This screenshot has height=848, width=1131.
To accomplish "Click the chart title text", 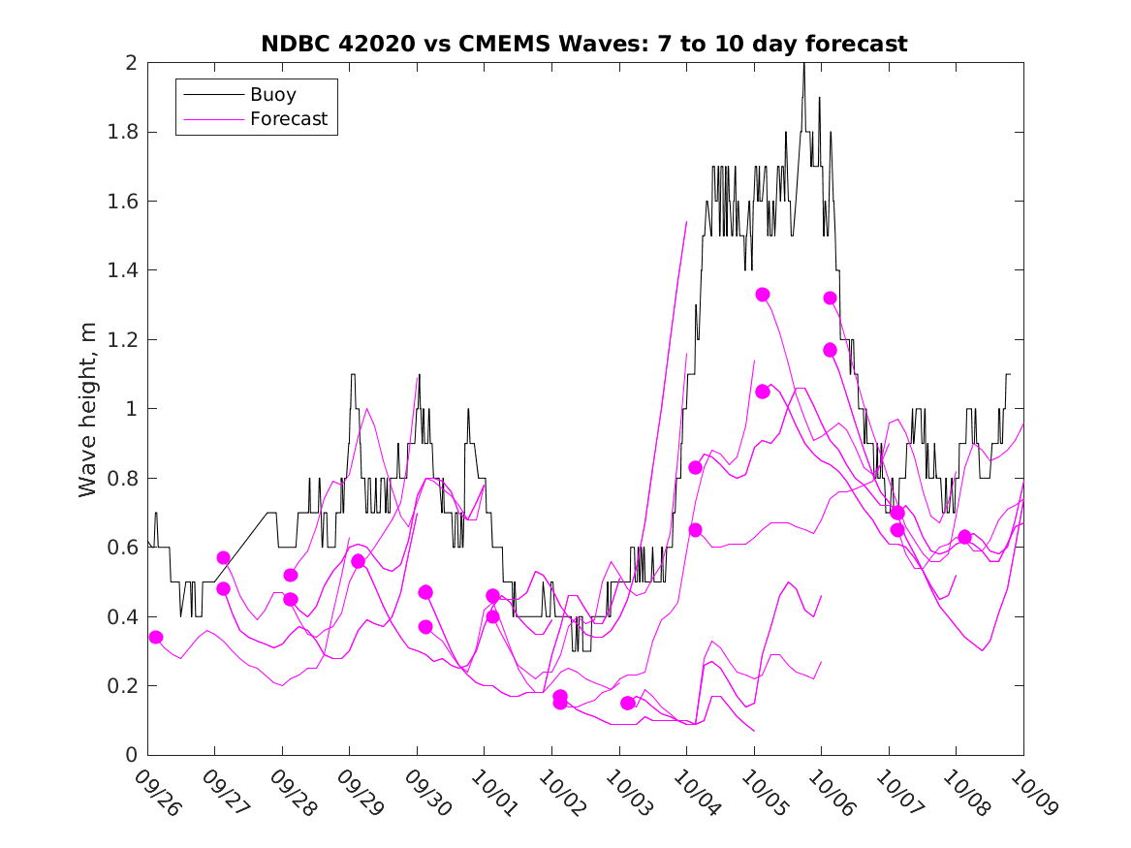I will (584, 44).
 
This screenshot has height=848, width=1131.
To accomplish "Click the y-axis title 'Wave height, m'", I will (88, 410).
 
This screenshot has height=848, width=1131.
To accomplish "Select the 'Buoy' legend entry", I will (273, 95).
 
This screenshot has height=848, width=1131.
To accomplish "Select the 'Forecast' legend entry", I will (289, 119).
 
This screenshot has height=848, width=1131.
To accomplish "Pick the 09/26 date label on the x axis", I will (156, 793).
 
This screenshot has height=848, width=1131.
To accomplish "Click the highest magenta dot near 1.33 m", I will (763, 295).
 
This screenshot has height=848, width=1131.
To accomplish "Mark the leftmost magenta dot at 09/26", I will (156, 637).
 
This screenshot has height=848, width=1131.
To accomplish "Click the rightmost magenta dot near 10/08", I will (964, 537).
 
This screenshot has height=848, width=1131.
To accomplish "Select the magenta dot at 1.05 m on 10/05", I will (763, 392).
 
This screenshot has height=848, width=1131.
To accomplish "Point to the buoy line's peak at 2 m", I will (803, 64).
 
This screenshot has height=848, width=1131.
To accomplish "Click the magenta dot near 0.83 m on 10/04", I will (695, 467).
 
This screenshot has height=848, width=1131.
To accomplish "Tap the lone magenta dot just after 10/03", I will (628, 703).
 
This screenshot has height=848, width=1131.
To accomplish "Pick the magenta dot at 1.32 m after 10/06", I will (830, 298).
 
